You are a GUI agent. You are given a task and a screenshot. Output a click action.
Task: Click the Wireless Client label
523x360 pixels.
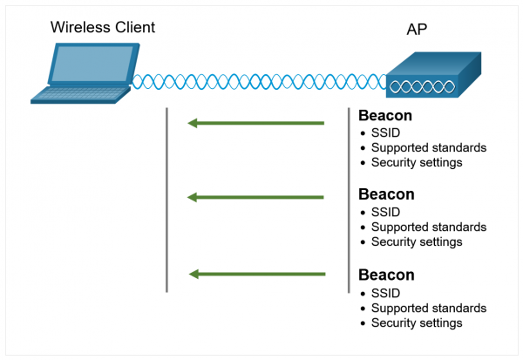pos(102,27)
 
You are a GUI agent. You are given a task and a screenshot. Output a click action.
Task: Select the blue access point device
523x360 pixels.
pos(433,78)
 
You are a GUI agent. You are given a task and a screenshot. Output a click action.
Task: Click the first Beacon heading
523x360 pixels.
pos(386,116)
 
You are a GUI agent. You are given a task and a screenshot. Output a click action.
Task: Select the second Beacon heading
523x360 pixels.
pos(386,194)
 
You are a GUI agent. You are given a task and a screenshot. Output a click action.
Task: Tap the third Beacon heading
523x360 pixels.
pos(386,275)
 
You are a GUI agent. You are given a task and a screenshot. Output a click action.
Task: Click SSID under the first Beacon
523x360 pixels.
pos(385,132)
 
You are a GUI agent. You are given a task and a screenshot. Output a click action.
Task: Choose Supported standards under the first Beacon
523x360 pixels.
pos(428,147)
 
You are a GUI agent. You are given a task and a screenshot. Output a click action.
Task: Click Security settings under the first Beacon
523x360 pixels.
pos(416,162)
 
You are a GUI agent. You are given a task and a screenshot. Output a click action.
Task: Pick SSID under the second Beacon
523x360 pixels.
pos(385,212)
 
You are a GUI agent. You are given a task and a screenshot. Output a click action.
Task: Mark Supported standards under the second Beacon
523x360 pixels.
pos(428,227)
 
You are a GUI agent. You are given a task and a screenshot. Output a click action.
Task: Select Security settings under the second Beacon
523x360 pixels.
pos(416,241)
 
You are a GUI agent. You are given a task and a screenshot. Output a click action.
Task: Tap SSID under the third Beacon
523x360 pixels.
pos(385,293)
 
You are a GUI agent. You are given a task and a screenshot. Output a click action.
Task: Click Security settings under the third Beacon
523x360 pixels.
pos(416,323)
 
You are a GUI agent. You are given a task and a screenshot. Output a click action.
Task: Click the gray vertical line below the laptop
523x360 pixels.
pos(166,200)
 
